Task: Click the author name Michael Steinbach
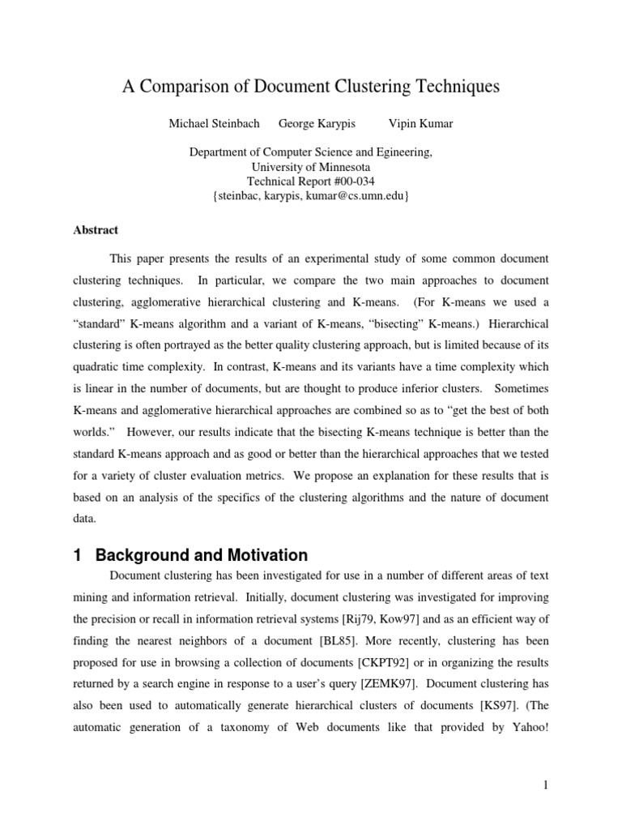pos(215,123)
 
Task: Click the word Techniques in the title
pos(454,88)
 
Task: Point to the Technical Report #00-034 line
pos(311,181)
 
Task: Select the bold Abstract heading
pos(96,229)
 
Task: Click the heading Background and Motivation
pos(201,555)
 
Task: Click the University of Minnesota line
pos(311,166)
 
